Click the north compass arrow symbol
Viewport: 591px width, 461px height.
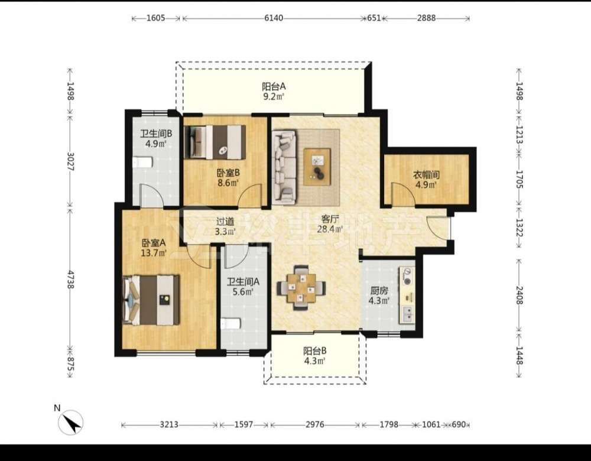[x=70, y=422]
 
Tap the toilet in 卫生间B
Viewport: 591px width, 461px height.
[x=142, y=163]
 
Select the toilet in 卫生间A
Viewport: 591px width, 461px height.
[x=230, y=324]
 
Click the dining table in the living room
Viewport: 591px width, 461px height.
[x=301, y=288]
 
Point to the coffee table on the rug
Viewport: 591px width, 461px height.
[x=317, y=167]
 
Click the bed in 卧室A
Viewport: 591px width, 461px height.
[x=151, y=300]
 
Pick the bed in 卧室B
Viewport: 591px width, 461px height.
[x=215, y=142]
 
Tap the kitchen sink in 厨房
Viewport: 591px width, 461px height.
[x=407, y=314]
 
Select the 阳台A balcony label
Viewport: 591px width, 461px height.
[x=274, y=86]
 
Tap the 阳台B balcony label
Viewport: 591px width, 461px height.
[x=315, y=351]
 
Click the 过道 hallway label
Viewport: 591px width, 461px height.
[x=225, y=222]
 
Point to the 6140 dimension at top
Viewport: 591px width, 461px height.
[x=274, y=18]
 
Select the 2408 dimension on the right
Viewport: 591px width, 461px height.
[x=519, y=295]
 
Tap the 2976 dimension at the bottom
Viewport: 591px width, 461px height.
[x=315, y=425]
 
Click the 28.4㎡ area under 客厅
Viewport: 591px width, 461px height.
[x=330, y=229]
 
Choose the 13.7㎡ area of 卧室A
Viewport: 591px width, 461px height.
[x=154, y=253]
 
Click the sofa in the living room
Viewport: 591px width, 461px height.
[x=285, y=165]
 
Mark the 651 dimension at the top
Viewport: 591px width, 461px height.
[x=374, y=18]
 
